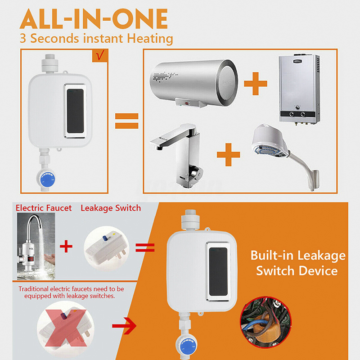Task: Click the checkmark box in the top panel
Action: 100,56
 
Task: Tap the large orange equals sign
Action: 127,121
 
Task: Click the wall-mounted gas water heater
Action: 299,89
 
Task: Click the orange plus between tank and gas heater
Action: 256,84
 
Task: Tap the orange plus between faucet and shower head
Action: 229,154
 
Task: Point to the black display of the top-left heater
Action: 75,111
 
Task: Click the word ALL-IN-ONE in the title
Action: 94,19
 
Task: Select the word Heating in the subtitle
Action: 150,38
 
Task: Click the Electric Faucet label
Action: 44,208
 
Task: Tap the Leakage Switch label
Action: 111,208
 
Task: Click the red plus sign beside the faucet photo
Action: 66,246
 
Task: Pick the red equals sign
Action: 145,248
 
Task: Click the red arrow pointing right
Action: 124,325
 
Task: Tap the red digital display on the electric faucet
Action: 31,259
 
